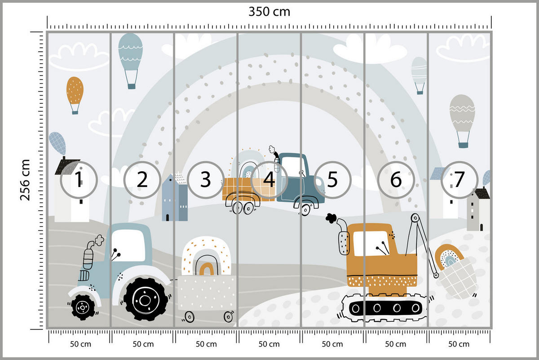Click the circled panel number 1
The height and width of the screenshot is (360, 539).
pos(79,180)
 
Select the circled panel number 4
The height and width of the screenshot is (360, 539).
pos(269,180)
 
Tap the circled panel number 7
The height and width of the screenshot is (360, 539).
pos(459,180)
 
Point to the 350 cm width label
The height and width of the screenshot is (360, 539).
pos(269,12)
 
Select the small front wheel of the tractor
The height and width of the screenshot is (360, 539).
pos(83,307)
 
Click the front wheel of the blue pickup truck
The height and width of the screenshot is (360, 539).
pos(305,209)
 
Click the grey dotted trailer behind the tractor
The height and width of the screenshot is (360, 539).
pos(206,292)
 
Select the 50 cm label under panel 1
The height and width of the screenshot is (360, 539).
pos(79,344)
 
